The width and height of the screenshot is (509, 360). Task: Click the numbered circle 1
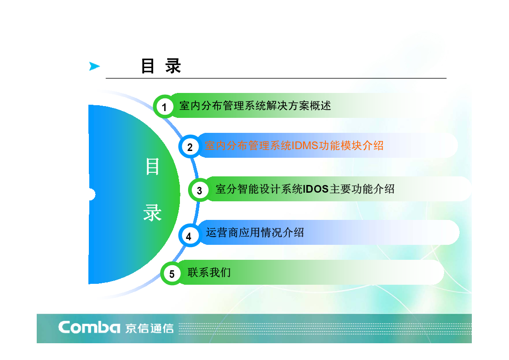(x=165, y=106)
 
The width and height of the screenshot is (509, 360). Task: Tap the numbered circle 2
(x=190, y=146)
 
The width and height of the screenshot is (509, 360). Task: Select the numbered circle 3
(x=199, y=190)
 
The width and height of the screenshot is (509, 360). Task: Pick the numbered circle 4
(x=189, y=235)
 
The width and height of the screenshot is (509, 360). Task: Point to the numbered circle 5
(x=172, y=273)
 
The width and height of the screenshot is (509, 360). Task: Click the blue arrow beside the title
(x=94, y=66)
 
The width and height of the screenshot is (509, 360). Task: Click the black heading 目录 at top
(x=161, y=66)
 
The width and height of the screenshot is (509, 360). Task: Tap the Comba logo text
(x=89, y=327)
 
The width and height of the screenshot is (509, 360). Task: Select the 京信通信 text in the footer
(x=150, y=328)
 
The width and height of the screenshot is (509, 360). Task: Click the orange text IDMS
(x=305, y=146)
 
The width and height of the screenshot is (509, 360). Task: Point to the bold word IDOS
(x=315, y=189)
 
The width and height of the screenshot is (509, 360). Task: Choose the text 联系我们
(x=209, y=272)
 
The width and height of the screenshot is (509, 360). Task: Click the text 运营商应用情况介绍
(x=255, y=233)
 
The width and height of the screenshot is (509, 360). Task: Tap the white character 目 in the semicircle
(x=153, y=166)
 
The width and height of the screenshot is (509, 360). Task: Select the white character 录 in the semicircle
(x=152, y=213)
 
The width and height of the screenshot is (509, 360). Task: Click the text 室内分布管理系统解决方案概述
(x=255, y=106)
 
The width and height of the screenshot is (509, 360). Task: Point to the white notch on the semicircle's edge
(x=92, y=195)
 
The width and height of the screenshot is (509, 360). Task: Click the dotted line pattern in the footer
(x=325, y=329)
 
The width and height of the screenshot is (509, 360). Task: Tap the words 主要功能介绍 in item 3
(x=362, y=189)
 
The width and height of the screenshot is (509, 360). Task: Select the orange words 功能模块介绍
(x=351, y=146)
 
